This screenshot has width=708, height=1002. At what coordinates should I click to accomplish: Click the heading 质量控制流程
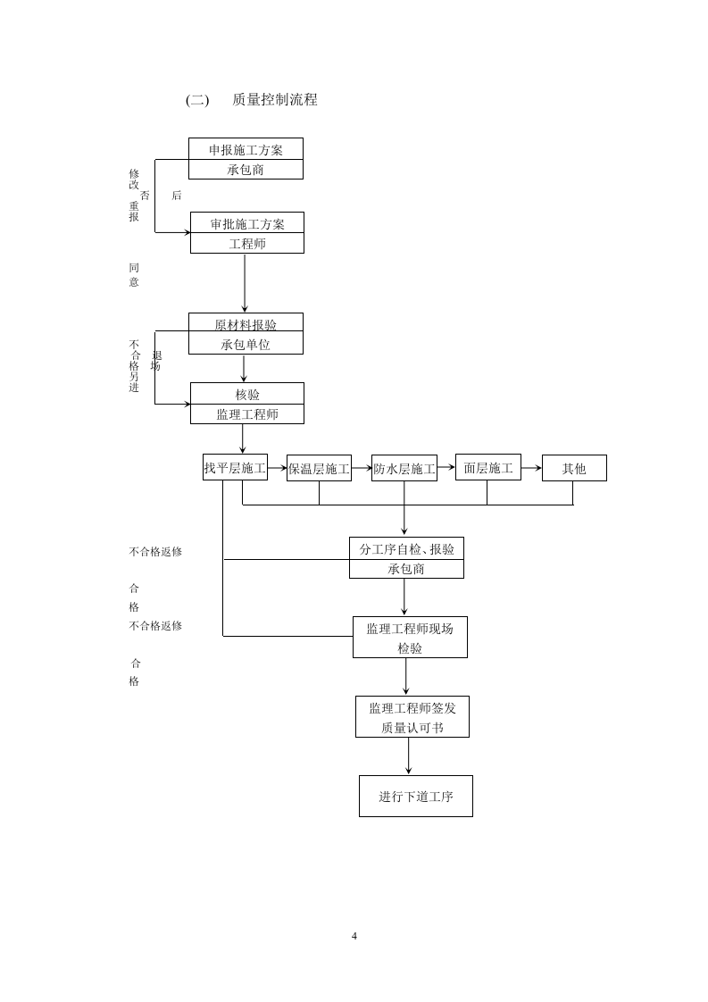coord(274,100)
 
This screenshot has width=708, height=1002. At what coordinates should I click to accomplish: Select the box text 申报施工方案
coord(246,149)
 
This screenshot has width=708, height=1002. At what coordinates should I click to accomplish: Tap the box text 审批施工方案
coord(247,223)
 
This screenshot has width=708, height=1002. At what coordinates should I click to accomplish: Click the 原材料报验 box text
coord(246,325)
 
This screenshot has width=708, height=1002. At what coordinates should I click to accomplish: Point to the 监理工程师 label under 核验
coord(247,414)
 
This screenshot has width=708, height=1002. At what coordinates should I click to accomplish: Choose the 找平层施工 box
coord(235,468)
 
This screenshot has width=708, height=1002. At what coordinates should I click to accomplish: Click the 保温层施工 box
coord(319,469)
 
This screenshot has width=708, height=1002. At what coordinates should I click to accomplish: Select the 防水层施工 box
coord(404,469)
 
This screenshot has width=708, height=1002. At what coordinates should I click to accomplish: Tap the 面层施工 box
coord(487,468)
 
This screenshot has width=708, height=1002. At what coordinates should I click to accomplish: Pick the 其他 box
coord(574,468)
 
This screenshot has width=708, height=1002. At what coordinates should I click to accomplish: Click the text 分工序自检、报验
coord(406,549)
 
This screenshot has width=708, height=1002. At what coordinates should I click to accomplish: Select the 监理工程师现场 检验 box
coord(410,638)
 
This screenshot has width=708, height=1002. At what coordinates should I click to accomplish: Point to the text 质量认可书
coord(412,728)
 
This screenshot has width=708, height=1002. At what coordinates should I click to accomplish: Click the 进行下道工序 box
coord(415,796)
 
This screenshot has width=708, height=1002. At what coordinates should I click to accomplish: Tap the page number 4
coord(354,936)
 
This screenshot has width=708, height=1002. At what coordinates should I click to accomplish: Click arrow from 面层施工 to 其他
coord(531,467)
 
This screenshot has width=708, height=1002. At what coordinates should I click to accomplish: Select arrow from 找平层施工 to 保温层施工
coord(277,467)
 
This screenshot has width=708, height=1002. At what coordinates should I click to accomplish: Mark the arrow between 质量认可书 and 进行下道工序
coord(409,756)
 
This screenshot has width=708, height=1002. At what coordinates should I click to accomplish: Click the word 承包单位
coord(246,345)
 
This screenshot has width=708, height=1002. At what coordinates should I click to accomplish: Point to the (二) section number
coord(196,100)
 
